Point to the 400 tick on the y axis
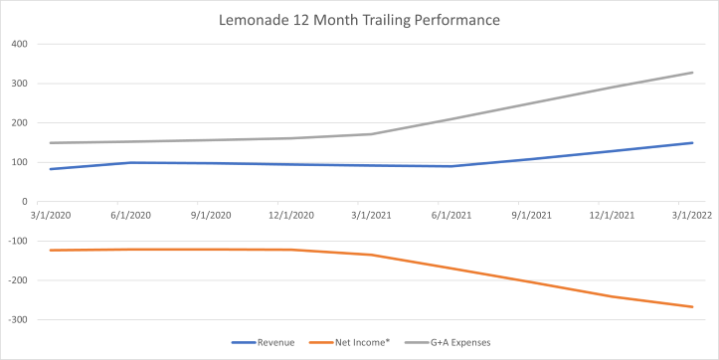pos(18,44)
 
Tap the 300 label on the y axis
pos(18,84)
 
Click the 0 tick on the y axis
pos(23,202)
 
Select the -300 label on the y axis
pos(16,320)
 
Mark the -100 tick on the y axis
pos(16,242)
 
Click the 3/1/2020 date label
pos(50,214)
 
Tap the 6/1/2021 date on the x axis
pos(451,214)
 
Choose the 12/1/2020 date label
pos(290,214)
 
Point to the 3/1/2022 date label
pos(692,214)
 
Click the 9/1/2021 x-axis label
pos(532,214)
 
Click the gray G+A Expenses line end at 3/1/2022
pos(692,73)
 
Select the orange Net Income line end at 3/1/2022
pos(692,307)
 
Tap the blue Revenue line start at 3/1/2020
pos(50,169)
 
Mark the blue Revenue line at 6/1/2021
pos(451,166)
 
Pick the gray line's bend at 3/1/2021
pos(371,134)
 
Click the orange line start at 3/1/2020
pos(50,251)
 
